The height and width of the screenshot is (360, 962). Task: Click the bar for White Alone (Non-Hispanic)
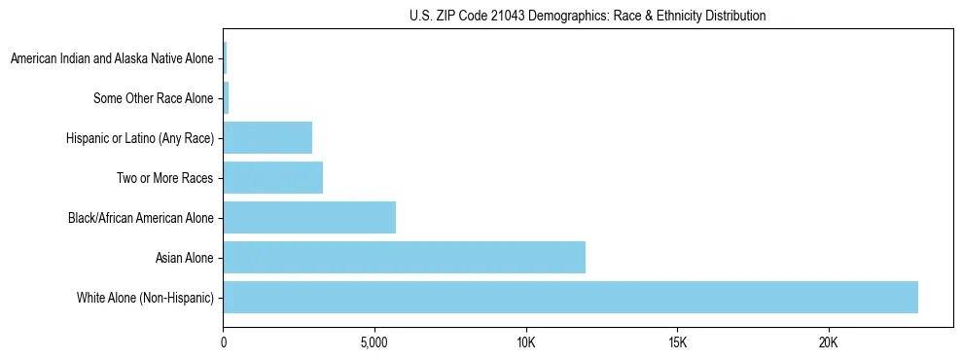570,297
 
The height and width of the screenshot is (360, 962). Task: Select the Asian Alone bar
404,257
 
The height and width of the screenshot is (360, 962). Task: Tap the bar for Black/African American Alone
309,217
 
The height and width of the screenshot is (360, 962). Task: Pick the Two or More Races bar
272,178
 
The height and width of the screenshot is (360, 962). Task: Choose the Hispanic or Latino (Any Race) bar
267,138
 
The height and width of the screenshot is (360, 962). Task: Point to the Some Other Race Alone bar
226,98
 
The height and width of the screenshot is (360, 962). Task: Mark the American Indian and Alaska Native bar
225,58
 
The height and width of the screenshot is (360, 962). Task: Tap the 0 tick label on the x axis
224,343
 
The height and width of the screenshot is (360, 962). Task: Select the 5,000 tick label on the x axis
374,343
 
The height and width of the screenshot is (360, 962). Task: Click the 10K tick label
526,343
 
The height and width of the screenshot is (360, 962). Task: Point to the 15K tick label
677,343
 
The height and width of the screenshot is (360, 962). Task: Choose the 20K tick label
828,343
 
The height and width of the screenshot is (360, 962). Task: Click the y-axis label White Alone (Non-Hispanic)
145,297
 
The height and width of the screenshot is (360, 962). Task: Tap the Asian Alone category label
184,258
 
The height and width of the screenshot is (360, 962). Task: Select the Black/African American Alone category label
140,218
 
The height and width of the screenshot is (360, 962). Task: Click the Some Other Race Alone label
153,98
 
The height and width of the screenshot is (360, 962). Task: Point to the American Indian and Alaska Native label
111,59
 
